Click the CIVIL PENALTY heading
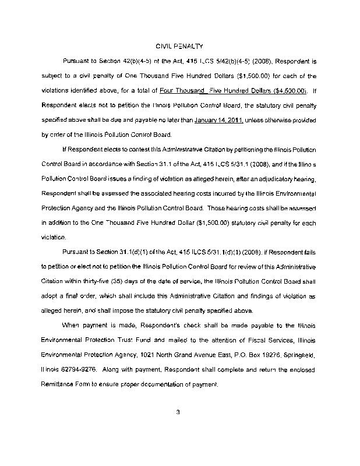tap(179, 45)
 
